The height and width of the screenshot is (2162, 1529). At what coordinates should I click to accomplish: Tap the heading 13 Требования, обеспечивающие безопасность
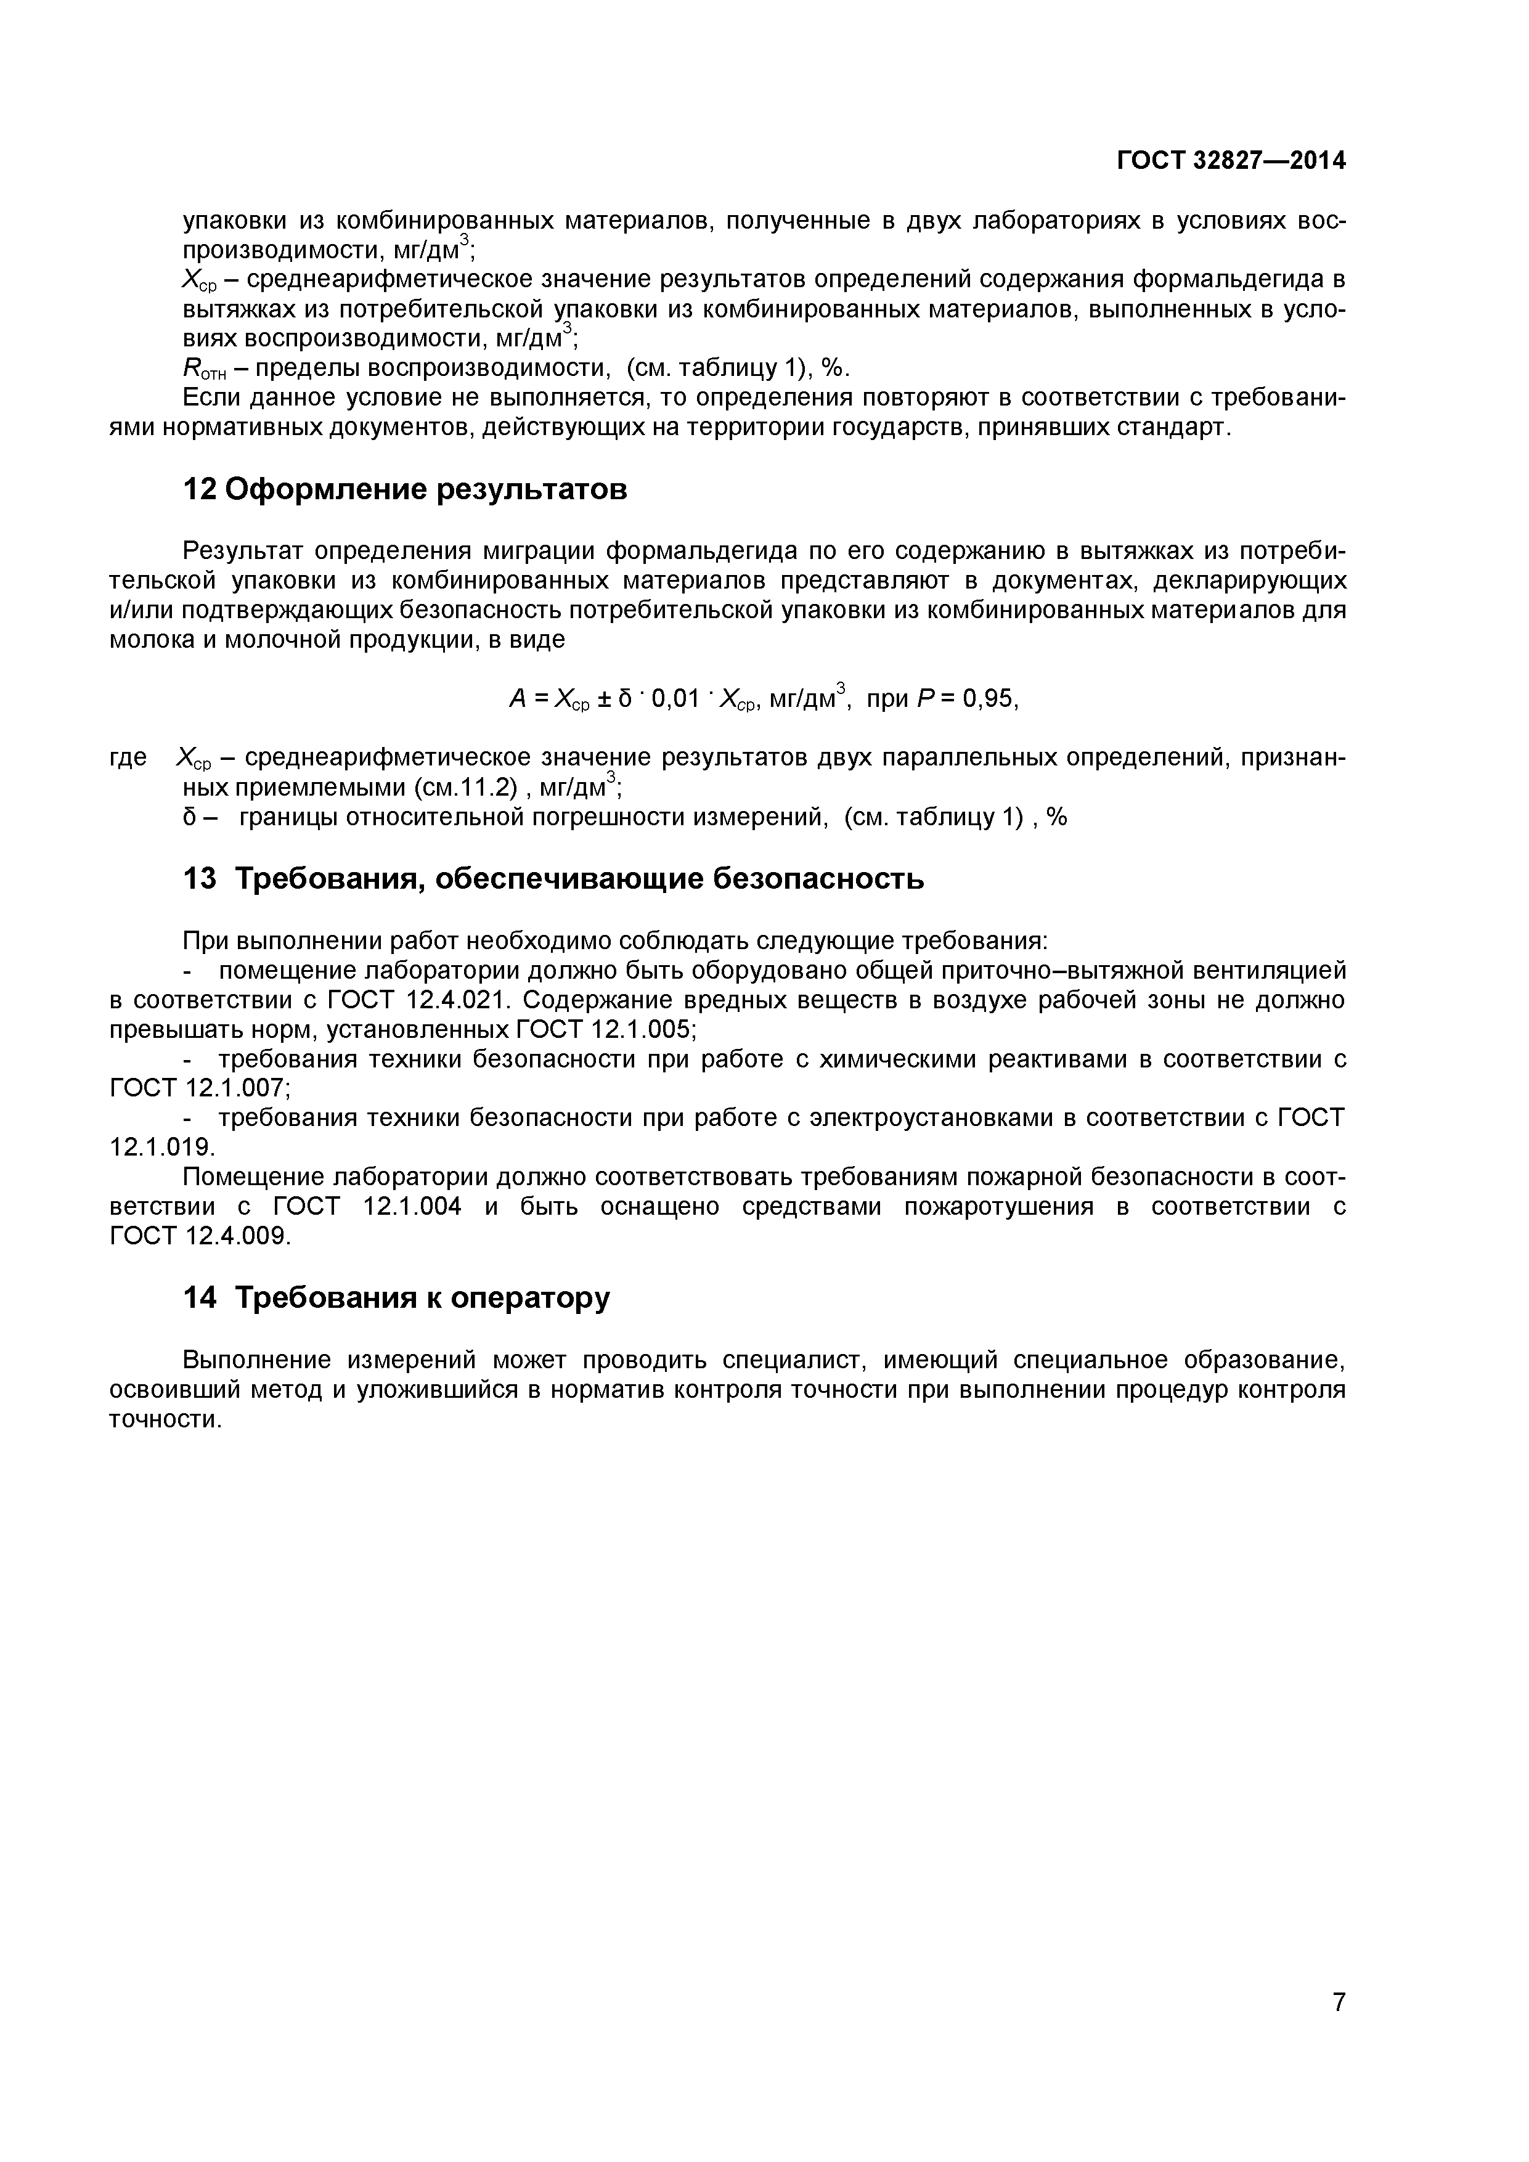(553, 879)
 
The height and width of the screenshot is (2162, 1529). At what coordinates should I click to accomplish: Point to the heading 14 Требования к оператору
(396, 1297)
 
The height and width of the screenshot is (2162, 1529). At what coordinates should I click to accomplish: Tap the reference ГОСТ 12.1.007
(200, 1088)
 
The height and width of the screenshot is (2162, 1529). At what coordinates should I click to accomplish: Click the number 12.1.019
(162, 1148)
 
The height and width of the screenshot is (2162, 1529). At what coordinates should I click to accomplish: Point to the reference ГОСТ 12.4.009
(200, 1236)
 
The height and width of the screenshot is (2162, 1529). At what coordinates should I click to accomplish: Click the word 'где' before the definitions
(129, 758)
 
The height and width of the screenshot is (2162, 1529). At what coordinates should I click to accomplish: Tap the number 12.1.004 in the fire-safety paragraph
(412, 1207)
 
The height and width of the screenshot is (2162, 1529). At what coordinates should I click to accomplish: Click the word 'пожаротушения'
(999, 1207)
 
